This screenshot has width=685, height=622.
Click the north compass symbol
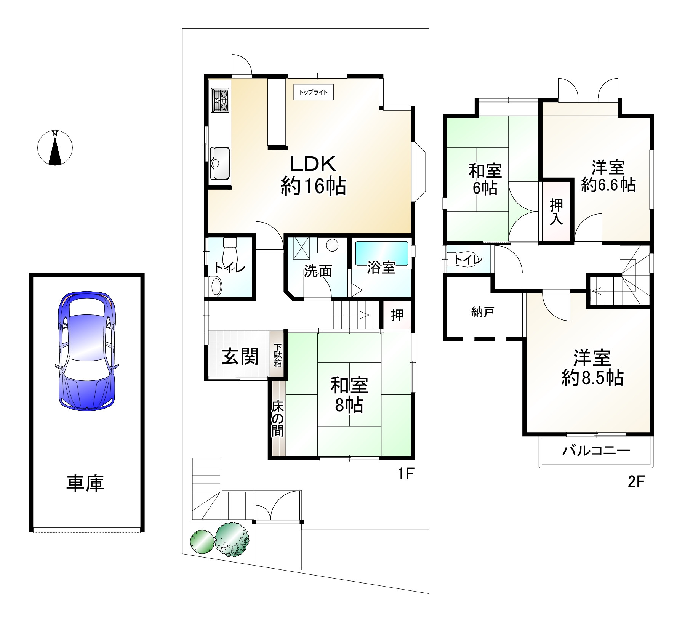[55, 148]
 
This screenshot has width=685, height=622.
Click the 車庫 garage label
[85, 483]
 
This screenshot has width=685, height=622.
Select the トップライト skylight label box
[314, 92]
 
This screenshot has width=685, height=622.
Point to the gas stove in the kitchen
[220, 100]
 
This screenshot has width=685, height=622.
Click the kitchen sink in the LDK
[220, 163]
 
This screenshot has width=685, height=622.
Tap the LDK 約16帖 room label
[313, 175]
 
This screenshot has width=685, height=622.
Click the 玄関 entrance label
[240, 356]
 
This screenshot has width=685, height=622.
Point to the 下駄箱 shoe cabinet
[278, 355]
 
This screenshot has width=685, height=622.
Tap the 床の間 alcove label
[277, 419]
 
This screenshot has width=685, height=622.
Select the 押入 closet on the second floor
[556, 211]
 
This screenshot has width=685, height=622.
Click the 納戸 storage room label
[483, 313]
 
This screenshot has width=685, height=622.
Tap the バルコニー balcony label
[596, 451]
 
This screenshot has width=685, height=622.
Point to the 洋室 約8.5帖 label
[592, 368]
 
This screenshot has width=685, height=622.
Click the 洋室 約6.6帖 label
[608, 176]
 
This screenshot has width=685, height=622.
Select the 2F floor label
[635, 482]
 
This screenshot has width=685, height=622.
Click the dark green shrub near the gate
[232, 540]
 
